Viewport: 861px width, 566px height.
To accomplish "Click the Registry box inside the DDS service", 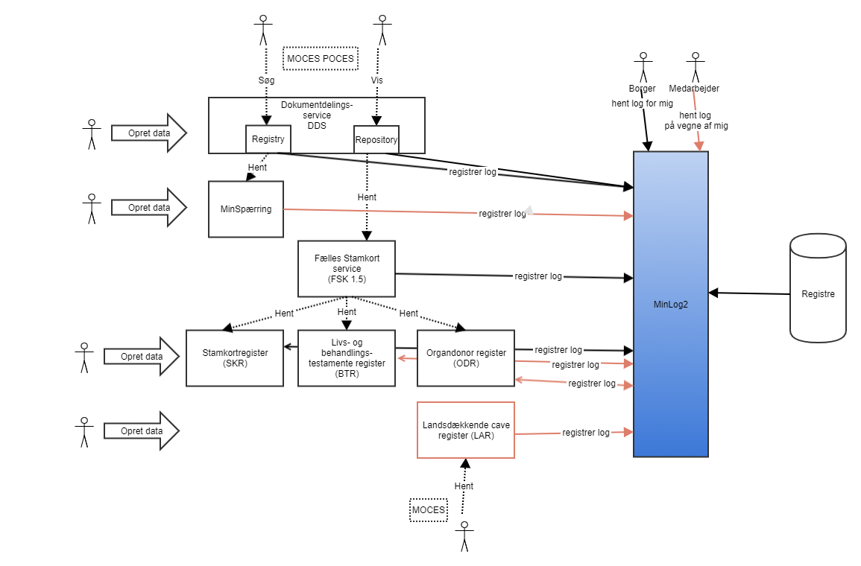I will pyautogui.click(x=268, y=139).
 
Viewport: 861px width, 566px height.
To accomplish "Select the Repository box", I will pyautogui.click(x=376, y=139).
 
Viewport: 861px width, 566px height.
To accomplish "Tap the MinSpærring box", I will pyautogui.click(x=246, y=209).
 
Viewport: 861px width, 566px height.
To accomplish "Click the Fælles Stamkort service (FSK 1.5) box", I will pyautogui.click(x=346, y=268).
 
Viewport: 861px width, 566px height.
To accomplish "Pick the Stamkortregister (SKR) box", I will pyautogui.click(x=235, y=357).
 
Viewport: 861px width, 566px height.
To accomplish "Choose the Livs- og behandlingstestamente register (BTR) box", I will pyautogui.click(x=347, y=357).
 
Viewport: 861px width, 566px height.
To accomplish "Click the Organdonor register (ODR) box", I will pyautogui.click(x=466, y=357).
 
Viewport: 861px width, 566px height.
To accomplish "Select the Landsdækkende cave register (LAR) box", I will pyautogui.click(x=466, y=430).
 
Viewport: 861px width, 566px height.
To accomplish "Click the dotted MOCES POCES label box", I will pyautogui.click(x=321, y=59).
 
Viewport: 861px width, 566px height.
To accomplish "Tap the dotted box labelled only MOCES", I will pyautogui.click(x=429, y=510).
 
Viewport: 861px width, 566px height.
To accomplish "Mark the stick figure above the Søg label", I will pyautogui.click(x=262, y=30).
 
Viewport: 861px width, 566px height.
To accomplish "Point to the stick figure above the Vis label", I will pyautogui.click(x=382, y=30).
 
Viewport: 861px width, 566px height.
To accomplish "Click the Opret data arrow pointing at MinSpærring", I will pyautogui.click(x=148, y=208).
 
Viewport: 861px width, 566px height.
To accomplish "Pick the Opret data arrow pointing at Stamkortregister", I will pyautogui.click(x=142, y=357).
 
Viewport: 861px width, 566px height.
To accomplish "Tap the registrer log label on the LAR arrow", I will pyautogui.click(x=586, y=433).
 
